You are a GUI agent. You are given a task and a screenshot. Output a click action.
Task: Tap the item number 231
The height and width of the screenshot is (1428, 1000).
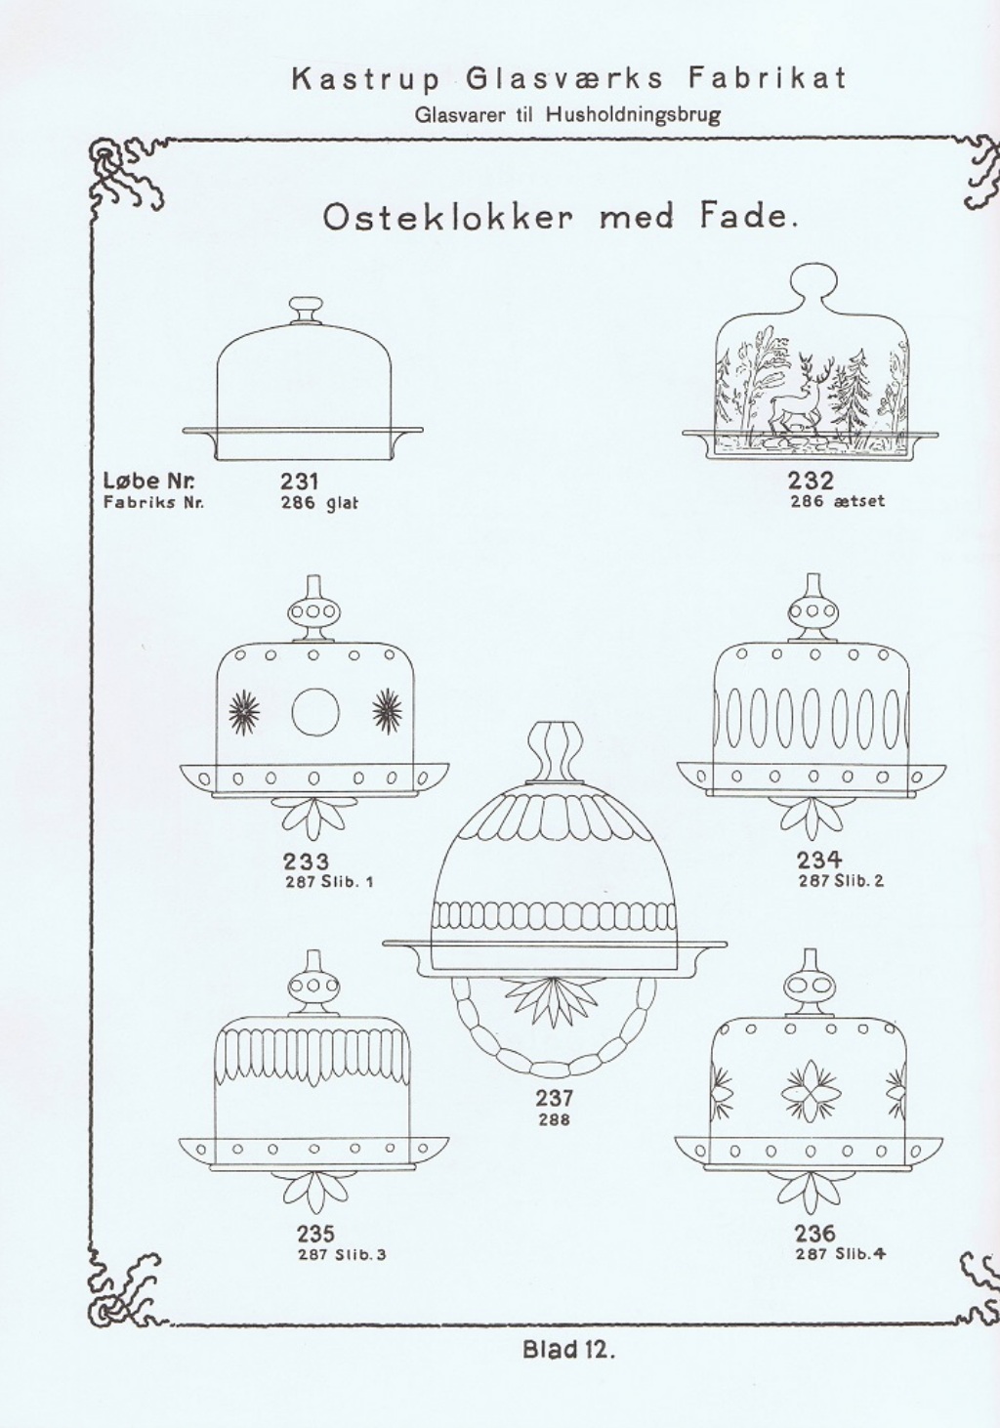(299, 482)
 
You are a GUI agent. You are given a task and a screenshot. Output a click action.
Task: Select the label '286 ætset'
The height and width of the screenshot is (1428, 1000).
(837, 501)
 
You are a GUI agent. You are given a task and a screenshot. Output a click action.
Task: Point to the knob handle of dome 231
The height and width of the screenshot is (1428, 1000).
(306, 311)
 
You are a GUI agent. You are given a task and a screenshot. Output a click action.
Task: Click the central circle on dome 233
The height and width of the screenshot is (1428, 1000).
(315, 711)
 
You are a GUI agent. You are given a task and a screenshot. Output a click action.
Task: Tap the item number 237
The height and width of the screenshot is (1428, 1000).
(554, 1098)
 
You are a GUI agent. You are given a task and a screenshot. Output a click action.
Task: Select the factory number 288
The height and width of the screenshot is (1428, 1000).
(554, 1119)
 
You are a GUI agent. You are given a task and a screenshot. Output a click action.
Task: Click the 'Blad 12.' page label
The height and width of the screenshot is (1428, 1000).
(569, 1351)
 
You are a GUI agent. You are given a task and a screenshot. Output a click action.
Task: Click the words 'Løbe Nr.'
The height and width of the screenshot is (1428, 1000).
(148, 481)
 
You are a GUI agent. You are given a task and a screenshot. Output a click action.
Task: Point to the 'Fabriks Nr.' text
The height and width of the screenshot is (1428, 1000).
(153, 503)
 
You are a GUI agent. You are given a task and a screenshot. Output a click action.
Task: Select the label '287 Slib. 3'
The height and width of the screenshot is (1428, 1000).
(342, 1254)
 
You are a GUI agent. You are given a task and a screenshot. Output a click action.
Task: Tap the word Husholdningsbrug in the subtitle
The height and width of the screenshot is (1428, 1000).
(633, 115)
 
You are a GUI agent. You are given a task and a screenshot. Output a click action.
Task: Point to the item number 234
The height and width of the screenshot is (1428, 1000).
(818, 860)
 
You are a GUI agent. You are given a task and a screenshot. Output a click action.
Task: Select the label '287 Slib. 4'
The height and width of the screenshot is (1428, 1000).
(840, 1254)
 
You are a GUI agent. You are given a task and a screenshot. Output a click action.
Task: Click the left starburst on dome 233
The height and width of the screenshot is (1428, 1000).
(244, 711)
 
